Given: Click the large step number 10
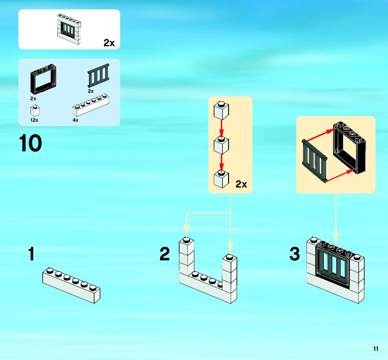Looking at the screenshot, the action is pyautogui.click(x=31, y=144).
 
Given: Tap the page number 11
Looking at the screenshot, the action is pyautogui.click(x=376, y=349).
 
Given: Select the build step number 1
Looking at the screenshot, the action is pyautogui.click(x=31, y=254).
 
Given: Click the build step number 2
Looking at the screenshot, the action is pyautogui.click(x=165, y=254).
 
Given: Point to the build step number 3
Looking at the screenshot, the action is pyautogui.click(x=295, y=254).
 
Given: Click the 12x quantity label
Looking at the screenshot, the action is pyautogui.click(x=34, y=120).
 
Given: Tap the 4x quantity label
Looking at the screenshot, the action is pyautogui.click(x=75, y=120).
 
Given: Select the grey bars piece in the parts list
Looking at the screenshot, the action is pyautogui.click(x=98, y=76).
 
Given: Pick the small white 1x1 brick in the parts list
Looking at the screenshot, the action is pyautogui.click(x=35, y=111).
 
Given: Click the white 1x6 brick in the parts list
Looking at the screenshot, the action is pyautogui.click(x=90, y=105).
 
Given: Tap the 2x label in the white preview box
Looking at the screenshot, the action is pyautogui.click(x=109, y=43).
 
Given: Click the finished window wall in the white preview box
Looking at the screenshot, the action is pyautogui.click(x=69, y=29).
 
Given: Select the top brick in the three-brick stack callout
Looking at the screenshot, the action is pyautogui.click(x=221, y=111).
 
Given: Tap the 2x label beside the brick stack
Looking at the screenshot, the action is pyautogui.click(x=241, y=184).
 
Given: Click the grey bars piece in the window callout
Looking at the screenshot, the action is pyautogui.click(x=315, y=160).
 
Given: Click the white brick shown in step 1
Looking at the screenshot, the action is pyautogui.click(x=71, y=285).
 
